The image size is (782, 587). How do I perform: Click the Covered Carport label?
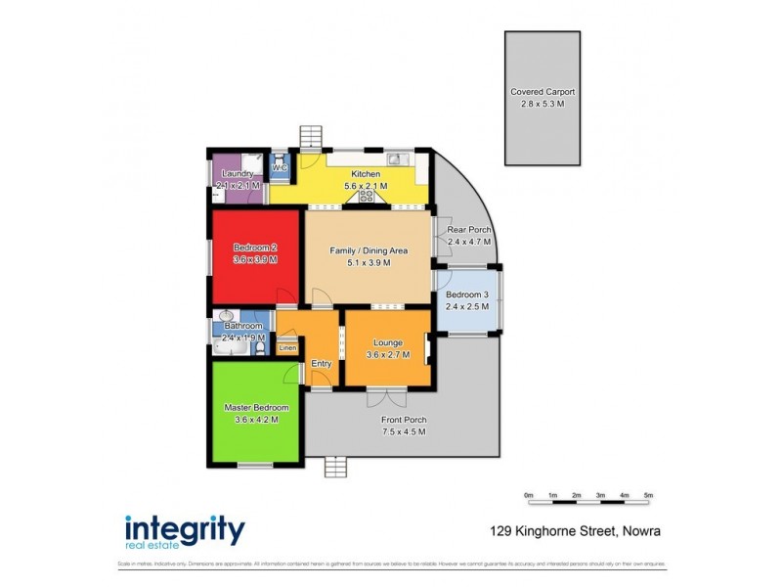tap(543, 92)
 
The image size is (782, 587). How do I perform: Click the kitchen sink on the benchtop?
tap(395, 158)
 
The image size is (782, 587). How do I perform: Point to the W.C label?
tap(279, 168)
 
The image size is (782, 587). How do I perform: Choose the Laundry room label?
tap(238, 174)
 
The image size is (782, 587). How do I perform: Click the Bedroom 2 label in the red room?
tap(255, 248)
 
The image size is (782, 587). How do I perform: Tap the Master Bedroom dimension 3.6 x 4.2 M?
tap(256, 419)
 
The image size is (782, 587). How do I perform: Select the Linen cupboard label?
tap(287, 347)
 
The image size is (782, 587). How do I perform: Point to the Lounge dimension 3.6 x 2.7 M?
tap(389, 355)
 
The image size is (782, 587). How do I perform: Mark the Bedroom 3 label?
tap(466, 295)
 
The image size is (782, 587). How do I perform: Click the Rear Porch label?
tap(467, 230)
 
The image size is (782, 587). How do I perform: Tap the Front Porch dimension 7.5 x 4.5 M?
tap(404, 431)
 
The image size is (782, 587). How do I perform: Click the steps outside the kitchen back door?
tap(311, 134)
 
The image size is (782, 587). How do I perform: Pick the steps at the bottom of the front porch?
tap(335, 468)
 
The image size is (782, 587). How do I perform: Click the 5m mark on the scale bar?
tap(648, 496)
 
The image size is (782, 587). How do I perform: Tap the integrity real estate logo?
tap(185, 531)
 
